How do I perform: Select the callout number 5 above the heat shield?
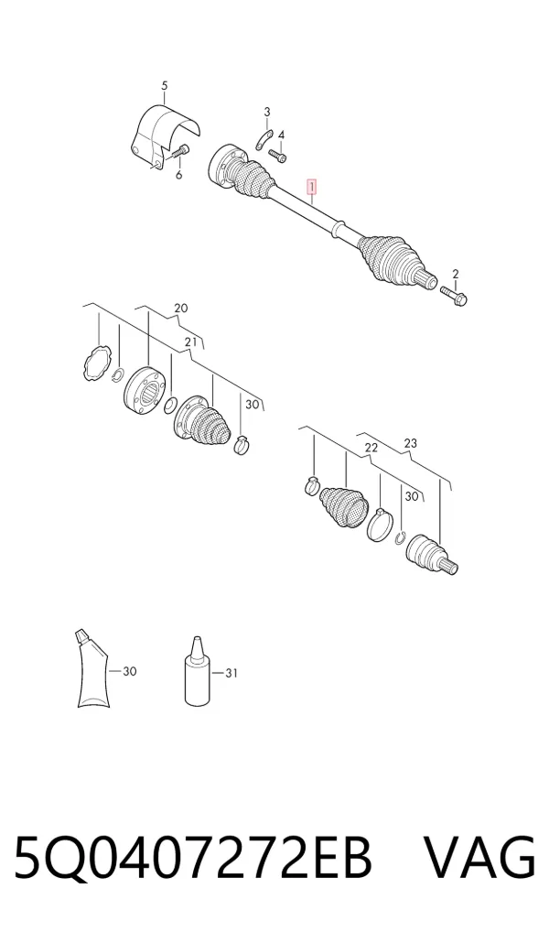point(165,85)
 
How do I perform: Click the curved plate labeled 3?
point(263,141)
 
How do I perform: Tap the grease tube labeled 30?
point(91,669)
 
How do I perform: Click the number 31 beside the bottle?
point(231,673)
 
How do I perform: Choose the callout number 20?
point(180,308)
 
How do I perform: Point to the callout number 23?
point(410,443)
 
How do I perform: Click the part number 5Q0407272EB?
point(192,857)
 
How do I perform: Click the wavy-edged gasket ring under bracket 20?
point(96,363)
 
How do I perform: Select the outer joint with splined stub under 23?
point(431,556)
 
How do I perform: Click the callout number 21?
point(190,341)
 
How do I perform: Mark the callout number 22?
point(371,448)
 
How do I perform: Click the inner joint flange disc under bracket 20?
point(143,390)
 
